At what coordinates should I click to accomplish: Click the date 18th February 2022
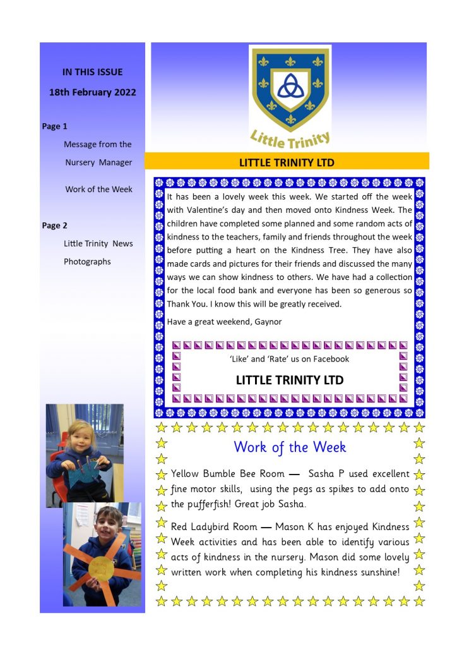pos(92,92)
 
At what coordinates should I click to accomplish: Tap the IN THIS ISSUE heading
pos(92,72)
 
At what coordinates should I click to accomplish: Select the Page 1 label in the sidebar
pos(55,126)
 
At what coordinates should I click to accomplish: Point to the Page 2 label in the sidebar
pos(55,226)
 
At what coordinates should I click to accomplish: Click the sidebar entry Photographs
pos(87,262)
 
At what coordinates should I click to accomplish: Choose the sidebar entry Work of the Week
pos(98,190)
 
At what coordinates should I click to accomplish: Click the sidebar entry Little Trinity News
pos(98,244)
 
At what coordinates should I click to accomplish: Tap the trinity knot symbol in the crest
pos(290,88)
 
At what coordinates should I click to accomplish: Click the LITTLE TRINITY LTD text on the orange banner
pos(287,162)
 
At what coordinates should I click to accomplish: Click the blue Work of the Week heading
pos(290,447)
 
